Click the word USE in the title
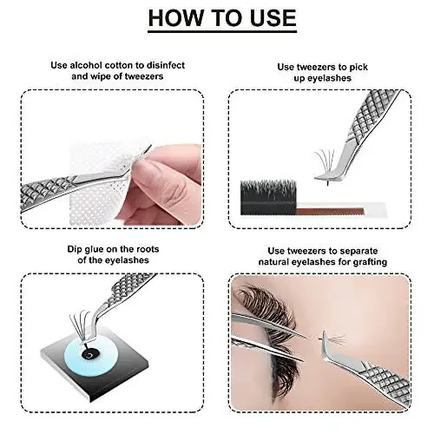coord(265,18)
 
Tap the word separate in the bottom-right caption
coord(365,248)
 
